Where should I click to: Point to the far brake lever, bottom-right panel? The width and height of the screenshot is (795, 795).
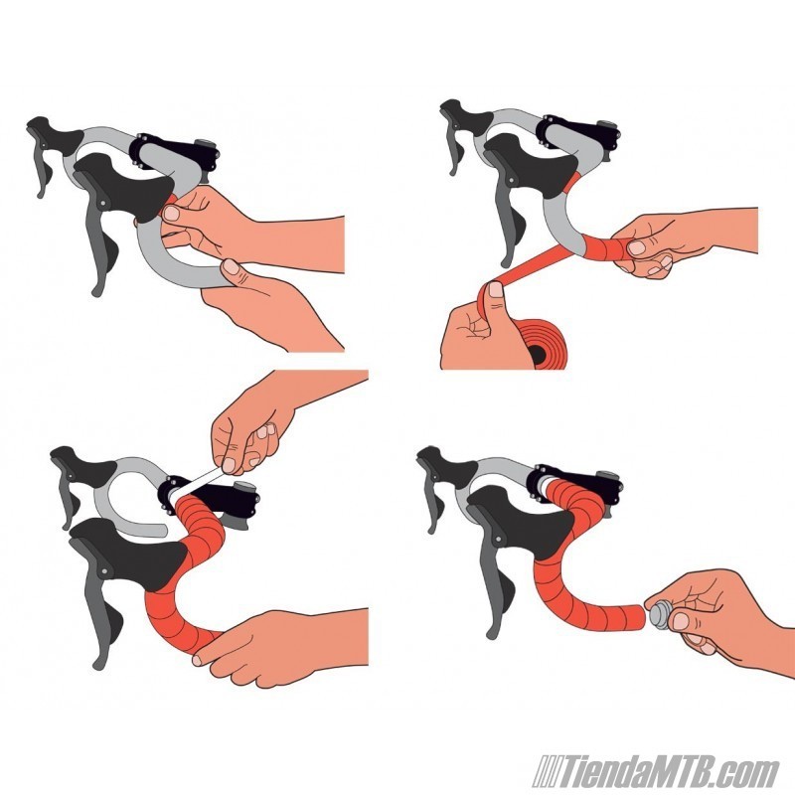(434, 497)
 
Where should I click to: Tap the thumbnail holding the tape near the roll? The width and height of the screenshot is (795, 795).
(495, 289)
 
